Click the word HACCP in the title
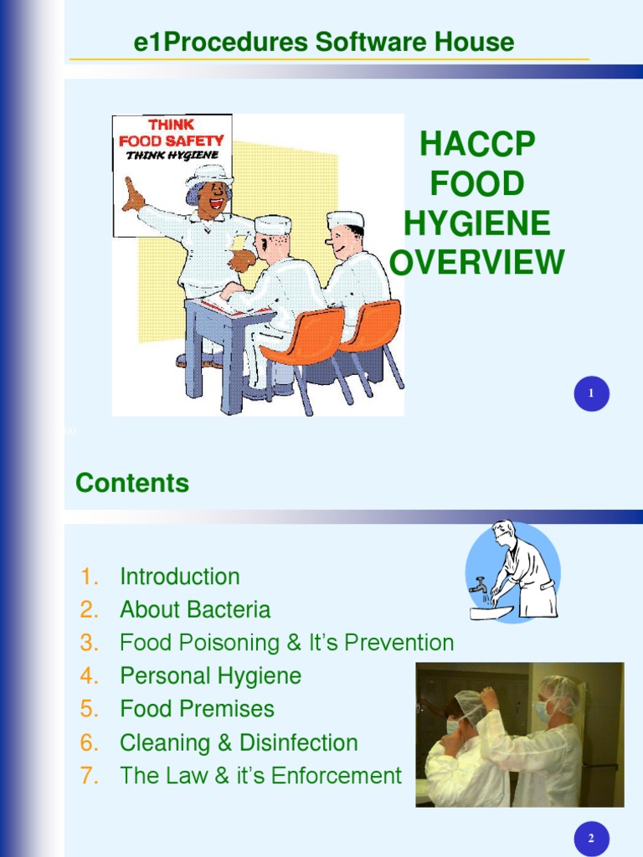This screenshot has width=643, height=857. tap(476, 144)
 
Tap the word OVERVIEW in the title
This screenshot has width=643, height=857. tap(476, 263)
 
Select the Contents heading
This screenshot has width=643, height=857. tap(132, 483)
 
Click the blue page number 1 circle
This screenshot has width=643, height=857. tap(591, 394)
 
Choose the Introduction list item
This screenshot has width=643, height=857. tap(179, 577)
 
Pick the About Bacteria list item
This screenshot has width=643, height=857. tap(195, 610)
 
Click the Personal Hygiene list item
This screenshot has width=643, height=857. tap(210, 676)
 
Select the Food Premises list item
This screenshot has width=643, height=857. tap(197, 709)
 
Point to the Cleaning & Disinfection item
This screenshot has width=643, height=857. tap(239, 742)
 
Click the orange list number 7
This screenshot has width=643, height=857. tap(90, 776)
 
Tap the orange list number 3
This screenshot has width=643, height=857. tap(90, 643)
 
